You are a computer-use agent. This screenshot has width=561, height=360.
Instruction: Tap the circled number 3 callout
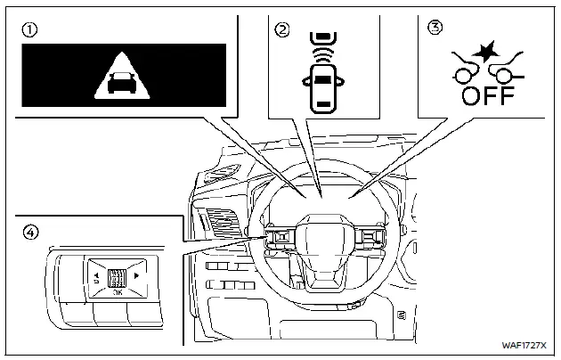click(x=435, y=29)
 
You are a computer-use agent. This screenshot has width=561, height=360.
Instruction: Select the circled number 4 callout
click(x=30, y=232)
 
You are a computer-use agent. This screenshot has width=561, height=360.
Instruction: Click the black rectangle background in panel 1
click(x=53, y=80)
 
